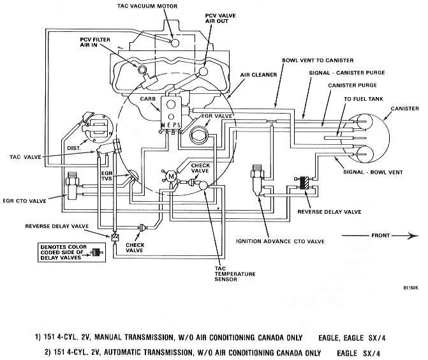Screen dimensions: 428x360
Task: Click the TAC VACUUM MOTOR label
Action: coord(147,6)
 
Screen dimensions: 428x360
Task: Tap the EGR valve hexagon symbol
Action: coord(200,135)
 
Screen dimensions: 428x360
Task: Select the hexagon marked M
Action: coord(171,176)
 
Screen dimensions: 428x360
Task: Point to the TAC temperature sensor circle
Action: coord(203,186)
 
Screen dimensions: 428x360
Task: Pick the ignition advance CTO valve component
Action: coord(257,179)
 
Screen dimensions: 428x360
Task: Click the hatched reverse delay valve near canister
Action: coord(304,183)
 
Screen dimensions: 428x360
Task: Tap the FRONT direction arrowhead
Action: coord(413,236)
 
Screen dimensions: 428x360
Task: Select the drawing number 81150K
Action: coord(411,288)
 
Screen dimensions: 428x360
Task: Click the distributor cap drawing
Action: coord(100,128)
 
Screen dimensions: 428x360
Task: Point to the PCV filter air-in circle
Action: coord(142,70)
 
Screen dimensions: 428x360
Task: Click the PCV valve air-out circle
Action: coord(203,71)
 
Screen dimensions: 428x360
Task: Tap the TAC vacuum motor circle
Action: coord(174,43)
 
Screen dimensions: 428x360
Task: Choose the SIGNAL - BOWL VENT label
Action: coord(373,172)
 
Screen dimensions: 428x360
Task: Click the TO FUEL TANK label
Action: coord(364,99)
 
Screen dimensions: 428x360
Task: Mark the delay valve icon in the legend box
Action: coord(96,253)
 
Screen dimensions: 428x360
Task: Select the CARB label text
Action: coord(148,99)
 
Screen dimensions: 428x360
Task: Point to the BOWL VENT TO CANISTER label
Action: coord(318,61)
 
